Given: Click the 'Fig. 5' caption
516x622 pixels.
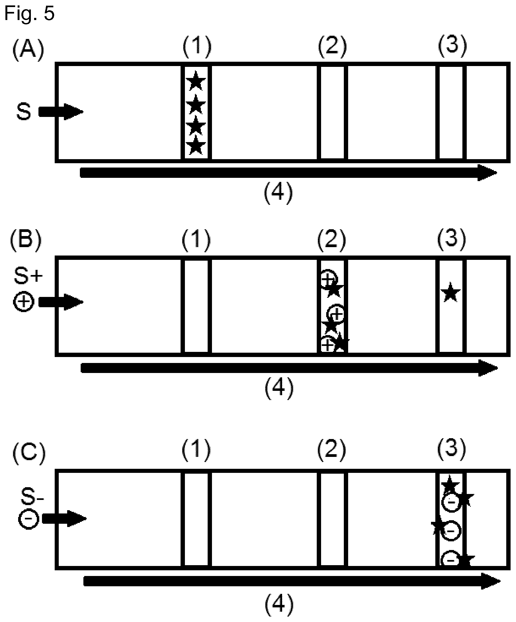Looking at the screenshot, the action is (x=29, y=13).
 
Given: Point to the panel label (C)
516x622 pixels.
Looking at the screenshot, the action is (x=29, y=454).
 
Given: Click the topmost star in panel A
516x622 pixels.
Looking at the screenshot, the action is (x=196, y=81).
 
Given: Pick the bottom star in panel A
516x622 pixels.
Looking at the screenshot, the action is (x=196, y=145).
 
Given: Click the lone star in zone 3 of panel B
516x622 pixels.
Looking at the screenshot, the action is (x=450, y=292).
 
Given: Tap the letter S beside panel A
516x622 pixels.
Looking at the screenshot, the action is (x=24, y=112).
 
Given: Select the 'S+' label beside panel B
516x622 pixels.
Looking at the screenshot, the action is (x=28, y=276).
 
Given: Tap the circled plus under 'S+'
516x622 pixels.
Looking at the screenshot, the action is (x=24, y=302).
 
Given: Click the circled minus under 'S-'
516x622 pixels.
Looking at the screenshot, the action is (x=29, y=518).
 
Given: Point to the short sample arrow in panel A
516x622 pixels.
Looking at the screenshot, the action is (x=61, y=112).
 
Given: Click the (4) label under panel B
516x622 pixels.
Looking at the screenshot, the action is (x=279, y=388).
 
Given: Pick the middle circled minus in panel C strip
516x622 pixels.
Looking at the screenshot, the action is (x=451, y=531).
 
